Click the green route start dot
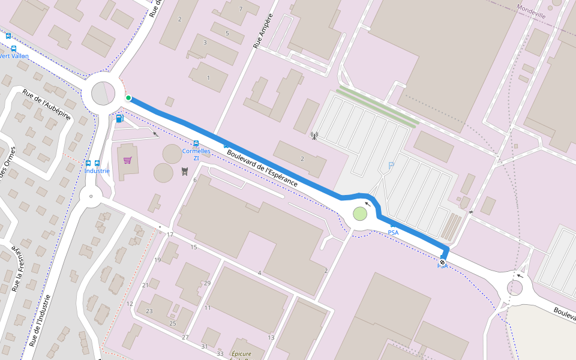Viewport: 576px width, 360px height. point(128,98)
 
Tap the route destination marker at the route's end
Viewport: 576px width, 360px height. point(442,262)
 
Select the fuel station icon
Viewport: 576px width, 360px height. point(119,118)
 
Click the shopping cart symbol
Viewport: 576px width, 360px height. point(127,160)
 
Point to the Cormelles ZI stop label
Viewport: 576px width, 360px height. point(196,154)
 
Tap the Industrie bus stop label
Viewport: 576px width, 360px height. point(97,170)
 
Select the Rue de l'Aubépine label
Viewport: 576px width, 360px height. point(46,104)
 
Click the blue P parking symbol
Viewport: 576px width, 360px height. point(391,166)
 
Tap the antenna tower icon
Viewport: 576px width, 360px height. point(313,135)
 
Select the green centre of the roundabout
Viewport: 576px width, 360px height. point(359,213)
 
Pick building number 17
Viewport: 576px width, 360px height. point(170,234)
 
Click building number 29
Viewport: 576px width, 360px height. point(207,283)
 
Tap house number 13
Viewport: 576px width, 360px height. point(271,338)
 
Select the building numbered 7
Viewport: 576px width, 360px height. point(241,9)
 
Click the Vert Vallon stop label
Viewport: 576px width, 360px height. point(13,56)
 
